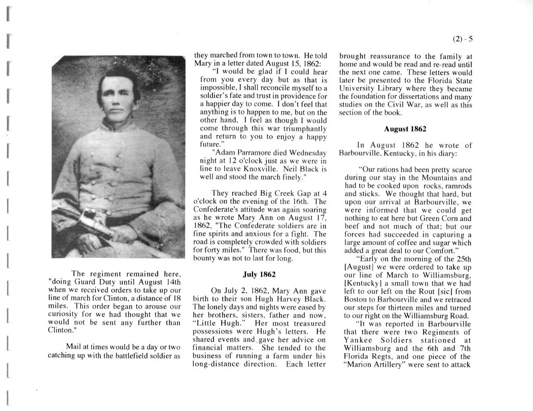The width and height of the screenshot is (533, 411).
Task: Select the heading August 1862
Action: coord(405,129)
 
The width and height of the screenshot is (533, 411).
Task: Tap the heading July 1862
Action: coord(259,274)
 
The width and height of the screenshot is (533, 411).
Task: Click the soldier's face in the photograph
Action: coord(119,95)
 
